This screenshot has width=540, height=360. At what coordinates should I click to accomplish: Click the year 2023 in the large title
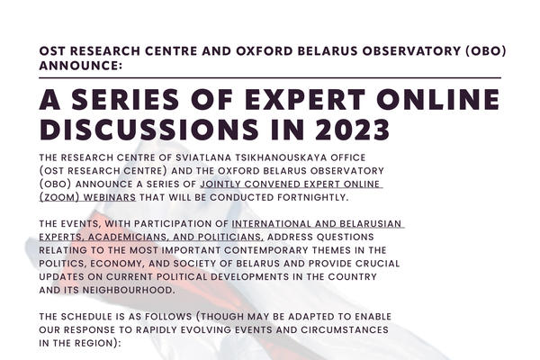[352, 130]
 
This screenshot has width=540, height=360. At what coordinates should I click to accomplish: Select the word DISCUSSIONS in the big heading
[148, 130]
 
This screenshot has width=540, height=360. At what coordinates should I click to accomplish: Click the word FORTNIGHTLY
[312, 197]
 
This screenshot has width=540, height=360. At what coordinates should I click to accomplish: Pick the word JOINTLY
[220, 184]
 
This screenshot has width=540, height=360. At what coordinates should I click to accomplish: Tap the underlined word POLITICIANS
[230, 237]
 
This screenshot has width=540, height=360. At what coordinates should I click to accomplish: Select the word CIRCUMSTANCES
[345, 329]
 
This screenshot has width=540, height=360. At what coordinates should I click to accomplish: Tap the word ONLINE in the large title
[437, 99]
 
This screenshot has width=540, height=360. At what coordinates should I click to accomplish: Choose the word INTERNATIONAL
[272, 223]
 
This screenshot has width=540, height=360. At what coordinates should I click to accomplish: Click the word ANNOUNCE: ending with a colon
[81, 65]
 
